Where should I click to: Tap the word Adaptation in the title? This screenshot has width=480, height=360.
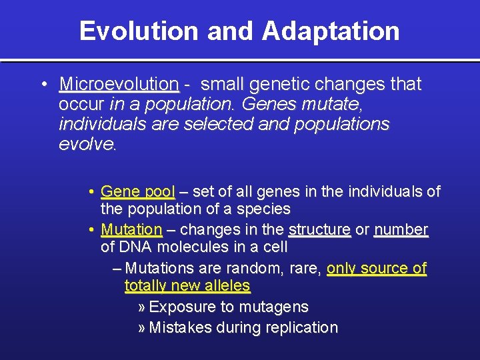point(331,31)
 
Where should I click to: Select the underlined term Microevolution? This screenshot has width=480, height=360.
point(119,85)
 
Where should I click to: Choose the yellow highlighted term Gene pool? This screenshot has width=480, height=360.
point(137,192)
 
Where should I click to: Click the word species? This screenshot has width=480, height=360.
point(265,209)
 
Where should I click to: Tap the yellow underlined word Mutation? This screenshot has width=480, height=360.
point(131,230)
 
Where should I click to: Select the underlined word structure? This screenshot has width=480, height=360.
point(319,230)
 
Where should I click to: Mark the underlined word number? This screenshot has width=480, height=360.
point(401,230)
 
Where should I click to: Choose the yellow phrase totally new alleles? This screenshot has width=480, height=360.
point(187,287)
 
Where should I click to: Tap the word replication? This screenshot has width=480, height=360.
point(301,328)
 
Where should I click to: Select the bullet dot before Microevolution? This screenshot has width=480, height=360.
point(43,85)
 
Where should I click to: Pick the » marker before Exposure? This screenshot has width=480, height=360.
point(141,307)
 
